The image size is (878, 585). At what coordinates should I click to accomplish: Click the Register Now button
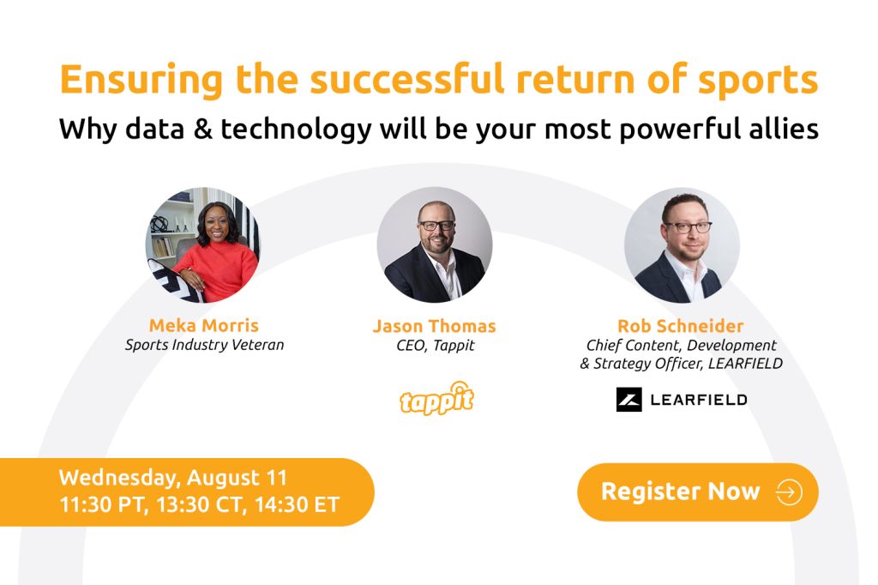click(698, 492)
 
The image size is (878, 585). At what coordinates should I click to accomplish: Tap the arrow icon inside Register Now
click(789, 492)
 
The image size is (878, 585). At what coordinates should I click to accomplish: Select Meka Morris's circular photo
click(202, 244)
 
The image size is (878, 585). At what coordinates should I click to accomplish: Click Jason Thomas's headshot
click(435, 244)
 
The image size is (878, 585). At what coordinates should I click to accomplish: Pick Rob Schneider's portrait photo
click(682, 244)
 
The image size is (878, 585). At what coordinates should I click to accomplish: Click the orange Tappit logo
click(436, 398)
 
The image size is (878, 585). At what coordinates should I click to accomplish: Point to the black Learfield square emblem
click(628, 400)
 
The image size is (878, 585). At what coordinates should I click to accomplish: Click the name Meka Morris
click(204, 325)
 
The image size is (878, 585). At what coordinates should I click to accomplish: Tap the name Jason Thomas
click(435, 326)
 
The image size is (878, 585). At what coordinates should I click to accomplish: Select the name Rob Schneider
click(680, 326)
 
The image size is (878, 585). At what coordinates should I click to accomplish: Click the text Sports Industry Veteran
click(204, 345)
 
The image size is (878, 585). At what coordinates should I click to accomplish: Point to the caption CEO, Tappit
click(435, 345)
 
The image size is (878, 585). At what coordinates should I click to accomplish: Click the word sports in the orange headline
click(758, 81)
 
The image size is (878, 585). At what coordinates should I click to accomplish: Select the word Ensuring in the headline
click(141, 80)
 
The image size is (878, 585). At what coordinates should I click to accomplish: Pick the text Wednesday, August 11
click(173, 478)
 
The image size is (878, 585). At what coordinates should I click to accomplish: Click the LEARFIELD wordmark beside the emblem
click(699, 400)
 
